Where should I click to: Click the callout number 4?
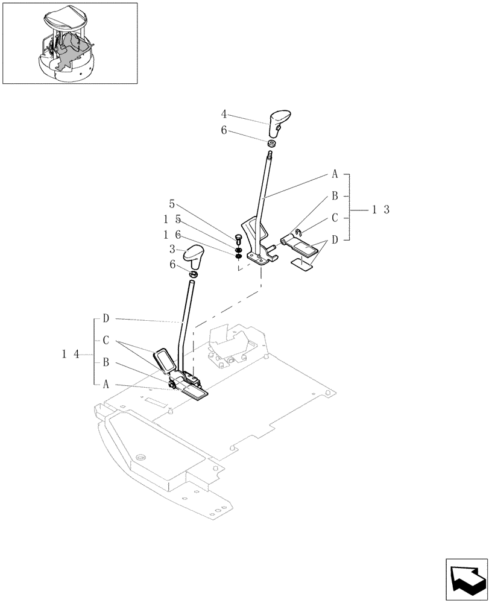(x=223, y=113)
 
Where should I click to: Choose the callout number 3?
(x=172, y=248)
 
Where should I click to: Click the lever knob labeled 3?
(x=197, y=256)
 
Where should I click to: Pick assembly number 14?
(x=71, y=355)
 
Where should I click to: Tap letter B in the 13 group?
(x=335, y=196)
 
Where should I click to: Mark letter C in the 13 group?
(x=335, y=218)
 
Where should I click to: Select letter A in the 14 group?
(x=106, y=384)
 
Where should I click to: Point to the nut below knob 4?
(x=271, y=144)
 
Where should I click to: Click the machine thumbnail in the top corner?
(x=69, y=43)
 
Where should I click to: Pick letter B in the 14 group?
(x=106, y=362)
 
